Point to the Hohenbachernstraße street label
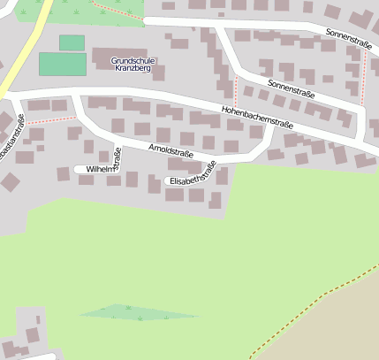[257, 118]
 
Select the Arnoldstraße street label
[171, 152]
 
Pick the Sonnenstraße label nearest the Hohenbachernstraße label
[291, 89]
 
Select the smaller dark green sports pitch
[72, 42]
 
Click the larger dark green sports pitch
[63, 65]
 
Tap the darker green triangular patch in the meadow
[137, 311]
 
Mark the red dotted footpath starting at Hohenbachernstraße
[236, 88]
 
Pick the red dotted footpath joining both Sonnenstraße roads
[363, 75]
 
